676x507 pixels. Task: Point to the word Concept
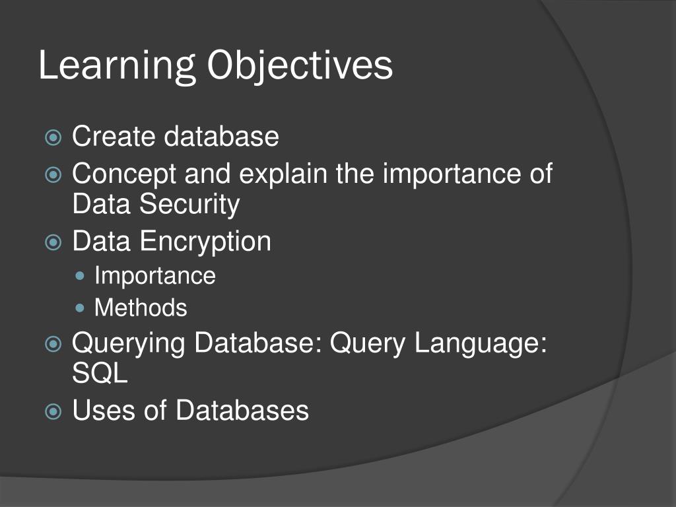pyautogui.click(x=125, y=175)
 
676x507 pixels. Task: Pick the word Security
pyautogui.click(x=189, y=205)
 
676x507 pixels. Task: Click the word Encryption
pyautogui.click(x=206, y=242)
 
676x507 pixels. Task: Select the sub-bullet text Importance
pyautogui.click(x=155, y=275)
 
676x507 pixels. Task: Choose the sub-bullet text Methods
pyautogui.click(x=141, y=308)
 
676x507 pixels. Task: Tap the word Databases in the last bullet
pyautogui.click(x=242, y=411)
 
